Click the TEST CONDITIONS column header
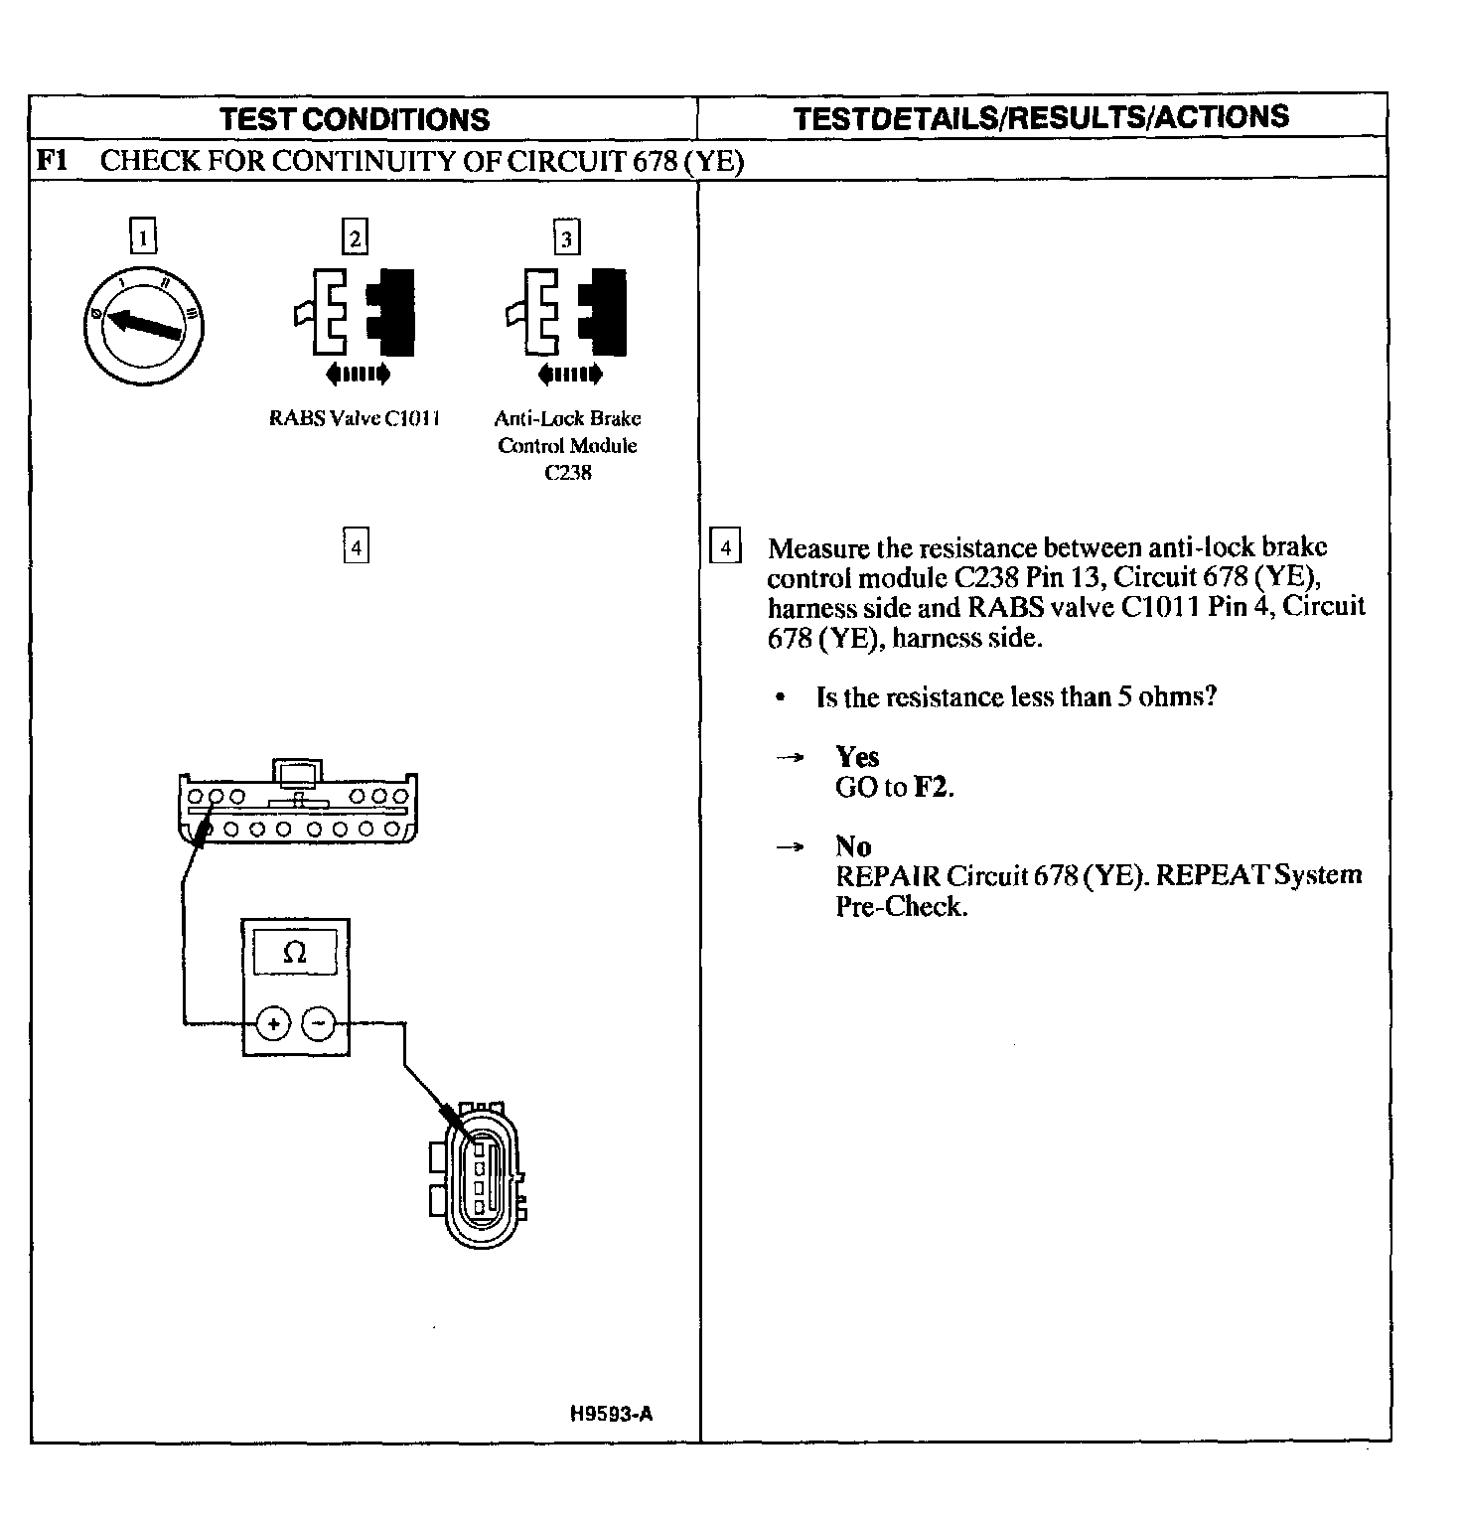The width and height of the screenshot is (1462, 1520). tap(355, 119)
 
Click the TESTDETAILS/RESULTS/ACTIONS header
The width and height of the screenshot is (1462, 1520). tap(1041, 117)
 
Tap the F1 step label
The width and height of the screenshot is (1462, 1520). tap(52, 160)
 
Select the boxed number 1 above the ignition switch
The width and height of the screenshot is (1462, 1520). tap(144, 237)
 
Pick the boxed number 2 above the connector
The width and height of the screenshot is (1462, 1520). tap(355, 237)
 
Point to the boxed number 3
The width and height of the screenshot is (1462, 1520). tap(566, 238)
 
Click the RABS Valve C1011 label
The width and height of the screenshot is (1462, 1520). tap(355, 418)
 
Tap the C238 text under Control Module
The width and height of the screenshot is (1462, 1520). tap(567, 473)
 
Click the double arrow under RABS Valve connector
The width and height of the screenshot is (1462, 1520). tap(358, 374)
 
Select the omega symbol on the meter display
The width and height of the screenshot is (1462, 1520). tap(295, 953)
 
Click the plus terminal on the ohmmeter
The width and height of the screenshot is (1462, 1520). tap(273, 1022)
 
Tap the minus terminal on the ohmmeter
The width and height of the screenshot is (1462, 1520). tap(319, 1022)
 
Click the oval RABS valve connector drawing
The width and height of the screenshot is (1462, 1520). tap(480, 1172)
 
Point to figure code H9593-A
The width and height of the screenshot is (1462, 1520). tap(611, 1415)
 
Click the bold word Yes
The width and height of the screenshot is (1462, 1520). tap(857, 757)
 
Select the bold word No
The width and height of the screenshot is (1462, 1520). tap(853, 846)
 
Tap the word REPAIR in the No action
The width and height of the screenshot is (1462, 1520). tap(887, 876)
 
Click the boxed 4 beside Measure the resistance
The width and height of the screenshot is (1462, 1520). tap(726, 547)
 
